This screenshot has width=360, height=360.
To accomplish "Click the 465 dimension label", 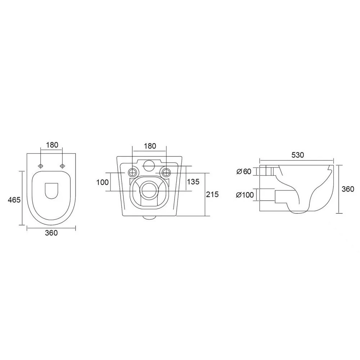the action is [x=14, y=200].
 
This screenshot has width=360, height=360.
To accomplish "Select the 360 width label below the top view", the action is [x=51, y=233].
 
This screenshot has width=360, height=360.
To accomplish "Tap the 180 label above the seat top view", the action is [x=52, y=145].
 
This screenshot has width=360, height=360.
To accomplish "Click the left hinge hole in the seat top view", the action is [x=41, y=166].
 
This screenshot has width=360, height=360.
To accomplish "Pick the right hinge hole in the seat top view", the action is [x=62, y=166].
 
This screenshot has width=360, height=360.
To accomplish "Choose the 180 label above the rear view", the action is [x=150, y=146].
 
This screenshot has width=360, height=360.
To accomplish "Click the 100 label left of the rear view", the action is [x=102, y=182].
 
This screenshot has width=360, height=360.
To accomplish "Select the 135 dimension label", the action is [x=193, y=181].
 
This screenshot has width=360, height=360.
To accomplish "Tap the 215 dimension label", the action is [x=212, y=194].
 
